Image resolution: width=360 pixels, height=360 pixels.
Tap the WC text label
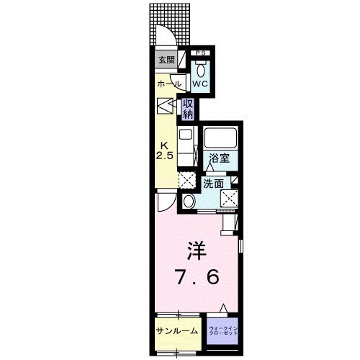[200, 83]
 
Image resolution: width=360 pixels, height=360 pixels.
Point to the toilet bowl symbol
[200, 68]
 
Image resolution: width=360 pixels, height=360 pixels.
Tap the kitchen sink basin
[185, 135]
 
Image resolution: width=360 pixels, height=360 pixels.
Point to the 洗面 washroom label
[212, 183]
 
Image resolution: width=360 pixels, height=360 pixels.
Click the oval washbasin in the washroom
[188, 201]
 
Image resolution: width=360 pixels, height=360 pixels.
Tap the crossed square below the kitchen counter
[186, 179]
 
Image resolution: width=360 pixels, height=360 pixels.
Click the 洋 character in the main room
[195, 252]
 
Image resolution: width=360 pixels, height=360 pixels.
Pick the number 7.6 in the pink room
[196, 276]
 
